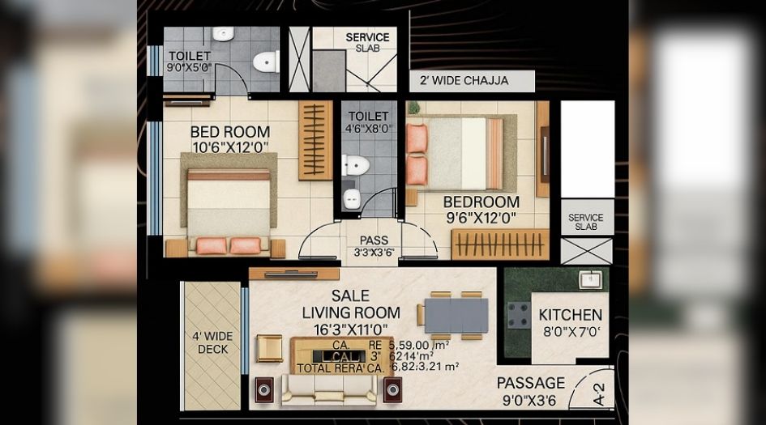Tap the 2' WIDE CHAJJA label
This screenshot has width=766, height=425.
point(464,81)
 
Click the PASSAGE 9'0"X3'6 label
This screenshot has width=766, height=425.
point(530,390)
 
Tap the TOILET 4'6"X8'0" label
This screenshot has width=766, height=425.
point(367,122)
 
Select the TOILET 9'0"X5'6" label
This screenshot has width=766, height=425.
point(189,62)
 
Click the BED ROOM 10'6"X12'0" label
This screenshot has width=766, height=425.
point(230,138)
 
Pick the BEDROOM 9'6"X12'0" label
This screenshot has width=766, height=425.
point(481,209)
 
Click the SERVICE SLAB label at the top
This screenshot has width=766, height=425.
point(367,42)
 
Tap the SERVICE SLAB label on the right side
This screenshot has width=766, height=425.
point(586,222)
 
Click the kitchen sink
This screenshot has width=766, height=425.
point(589,280)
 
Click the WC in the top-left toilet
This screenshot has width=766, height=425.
point(265,62)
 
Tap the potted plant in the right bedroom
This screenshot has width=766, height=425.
point(413,108)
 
